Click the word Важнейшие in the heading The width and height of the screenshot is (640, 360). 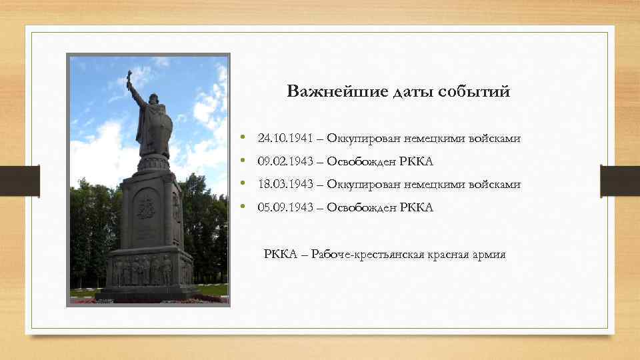pyautogui.click(x=323, y=92)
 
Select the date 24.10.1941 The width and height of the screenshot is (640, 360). pyautogui.click(x=281, y=139)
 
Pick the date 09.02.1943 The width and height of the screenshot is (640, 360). pyautogui.click(x=281, y=161)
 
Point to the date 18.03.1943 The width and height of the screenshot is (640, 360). pyautogui.click(x=281, y=184)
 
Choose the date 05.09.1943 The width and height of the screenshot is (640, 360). pyautogui.click(x=281, y=207)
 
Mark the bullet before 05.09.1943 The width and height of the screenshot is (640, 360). pyautogui.click(x=244, y=207)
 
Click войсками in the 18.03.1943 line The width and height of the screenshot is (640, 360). pyautogui.click(x=497, y=184)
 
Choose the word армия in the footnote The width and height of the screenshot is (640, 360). pyautogui.click(x=489, y=255)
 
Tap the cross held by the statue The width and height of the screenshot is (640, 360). pyautogui.click(x=129, y=78)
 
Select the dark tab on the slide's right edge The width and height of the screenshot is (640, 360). pyautogui.click(x=619, y=181)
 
